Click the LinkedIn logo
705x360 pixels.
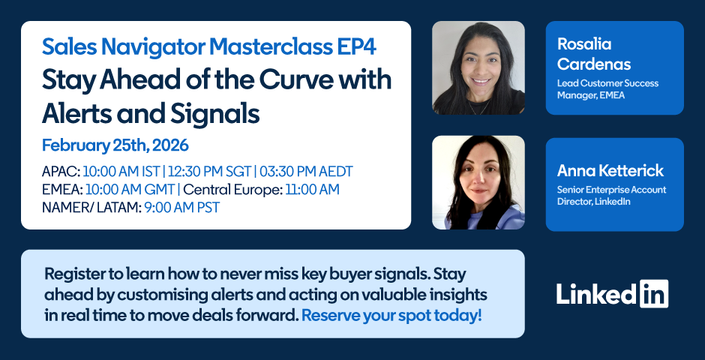[x=612, y=293]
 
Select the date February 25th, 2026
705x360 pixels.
[x=115, y=145]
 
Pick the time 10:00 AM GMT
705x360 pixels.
[x=130, y=190]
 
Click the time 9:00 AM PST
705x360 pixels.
[x=182, y=208]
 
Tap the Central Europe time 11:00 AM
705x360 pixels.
[x=313, y=190]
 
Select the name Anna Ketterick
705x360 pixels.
[x=610, y=170]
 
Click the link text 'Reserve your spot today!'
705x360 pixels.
[x=391, y=316]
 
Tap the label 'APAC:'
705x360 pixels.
[x=61, y=172]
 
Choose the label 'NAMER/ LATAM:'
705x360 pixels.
[x=91, y=208]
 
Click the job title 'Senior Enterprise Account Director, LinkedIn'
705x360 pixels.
[x=611, y=196]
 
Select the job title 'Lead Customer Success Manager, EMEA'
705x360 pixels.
[x=607, y=89]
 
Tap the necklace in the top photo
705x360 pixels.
[x=478, y=107]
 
